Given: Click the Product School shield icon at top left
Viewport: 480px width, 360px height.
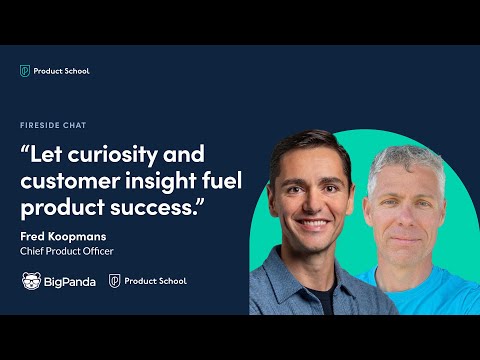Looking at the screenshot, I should point(25,70).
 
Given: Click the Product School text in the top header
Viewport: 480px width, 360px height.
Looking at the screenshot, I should point(62,70).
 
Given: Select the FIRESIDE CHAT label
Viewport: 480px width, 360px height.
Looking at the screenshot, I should point(52,126).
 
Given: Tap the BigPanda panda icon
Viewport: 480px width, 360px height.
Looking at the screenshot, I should point(31,281).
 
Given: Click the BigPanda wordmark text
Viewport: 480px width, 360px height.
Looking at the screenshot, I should point(70,281).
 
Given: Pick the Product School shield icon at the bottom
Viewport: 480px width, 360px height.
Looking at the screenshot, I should point(115,281).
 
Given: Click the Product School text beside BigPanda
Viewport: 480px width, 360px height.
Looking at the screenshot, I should point(156,281).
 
